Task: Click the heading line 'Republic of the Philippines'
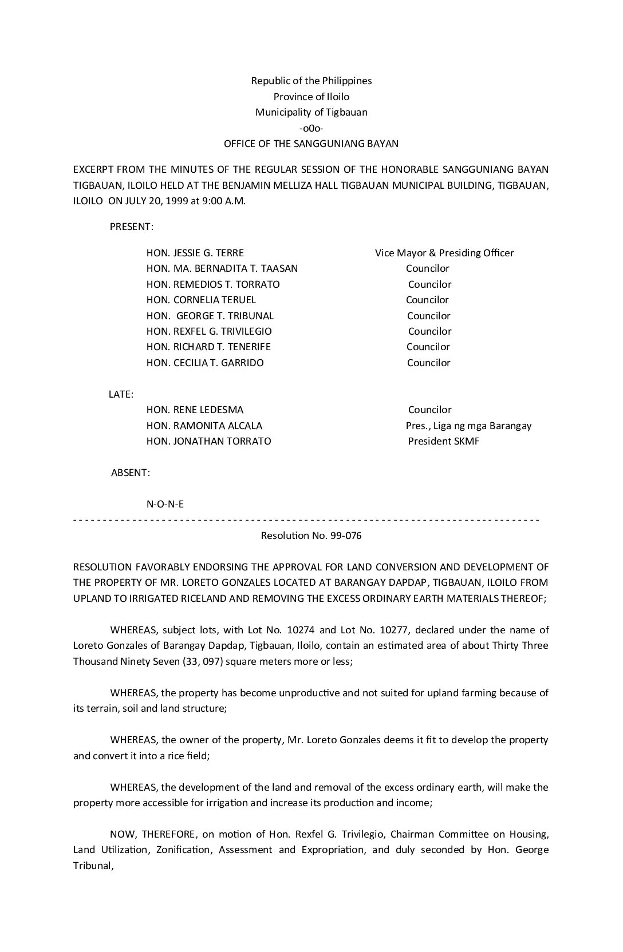pos(311,81)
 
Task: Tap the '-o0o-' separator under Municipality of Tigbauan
pos(311,128)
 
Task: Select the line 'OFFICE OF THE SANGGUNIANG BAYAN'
pos(311,144)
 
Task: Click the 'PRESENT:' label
pos(132,227)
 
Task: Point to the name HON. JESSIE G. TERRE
pos(195,253)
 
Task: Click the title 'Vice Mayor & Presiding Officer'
pos(444,253)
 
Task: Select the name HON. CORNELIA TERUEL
pos(201,300)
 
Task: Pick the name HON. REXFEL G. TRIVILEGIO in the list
pos(209,331)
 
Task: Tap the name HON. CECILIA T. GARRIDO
pos(205,363)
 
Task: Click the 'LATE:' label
pos(121,394)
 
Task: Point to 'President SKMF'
pos(444,441)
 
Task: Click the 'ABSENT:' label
pos(131,473)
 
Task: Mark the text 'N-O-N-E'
pos(165,504)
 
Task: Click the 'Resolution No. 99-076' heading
pos(311,536)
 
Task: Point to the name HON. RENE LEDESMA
pos(195,410)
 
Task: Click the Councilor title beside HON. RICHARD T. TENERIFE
pos(428,347)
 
